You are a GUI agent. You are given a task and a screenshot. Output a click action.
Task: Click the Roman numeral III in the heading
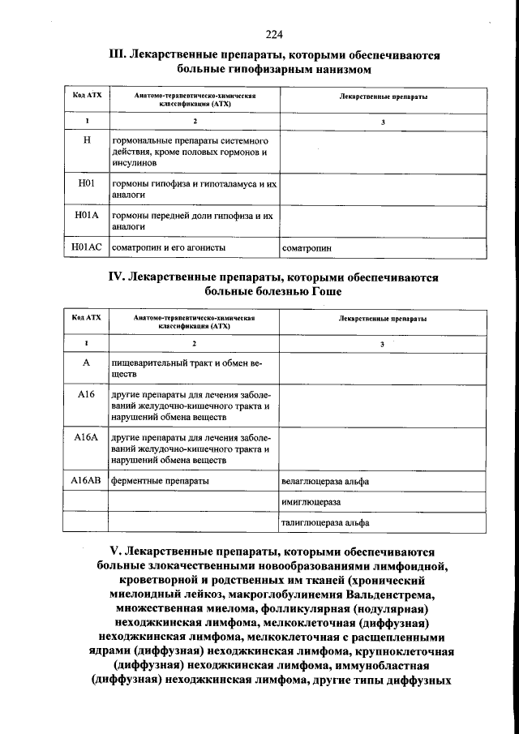117,56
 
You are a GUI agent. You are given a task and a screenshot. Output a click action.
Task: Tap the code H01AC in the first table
86,247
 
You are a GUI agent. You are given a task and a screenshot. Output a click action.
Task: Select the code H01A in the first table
86,216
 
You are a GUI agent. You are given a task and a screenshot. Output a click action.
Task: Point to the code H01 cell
86,184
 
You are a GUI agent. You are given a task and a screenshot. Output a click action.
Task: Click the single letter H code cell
86,140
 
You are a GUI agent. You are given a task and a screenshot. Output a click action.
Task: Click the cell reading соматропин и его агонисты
168,247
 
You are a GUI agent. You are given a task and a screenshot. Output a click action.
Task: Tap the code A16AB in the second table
85,481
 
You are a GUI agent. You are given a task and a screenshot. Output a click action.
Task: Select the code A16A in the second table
85,437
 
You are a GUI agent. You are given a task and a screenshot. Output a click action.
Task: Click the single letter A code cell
85,364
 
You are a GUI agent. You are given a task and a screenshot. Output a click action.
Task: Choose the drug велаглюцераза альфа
325,482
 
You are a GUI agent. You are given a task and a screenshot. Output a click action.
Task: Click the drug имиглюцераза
311,503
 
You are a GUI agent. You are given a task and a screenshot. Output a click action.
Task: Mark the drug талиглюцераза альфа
324,524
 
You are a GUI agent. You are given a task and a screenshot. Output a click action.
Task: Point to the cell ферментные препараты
160,481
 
